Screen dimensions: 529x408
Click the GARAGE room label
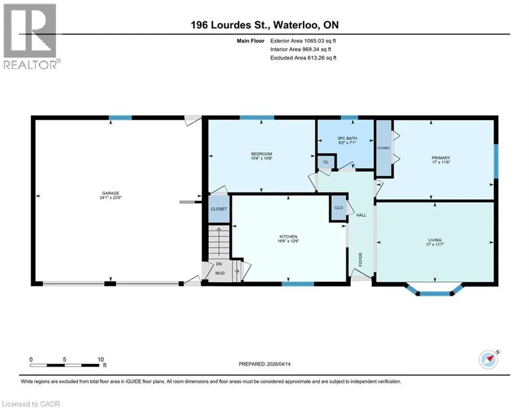pyautogui.click(x=111, y=193)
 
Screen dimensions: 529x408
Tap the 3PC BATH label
pyautogui.click(x=347, y=138)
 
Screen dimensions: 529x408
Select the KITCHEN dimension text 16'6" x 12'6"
pyautogui.click(x=288, y=241)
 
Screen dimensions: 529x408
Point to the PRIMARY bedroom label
pyautogui.click(x=441, y=158)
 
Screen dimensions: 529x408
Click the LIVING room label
pyautogui.click(x=435, y=240)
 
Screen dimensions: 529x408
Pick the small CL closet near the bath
pyautogui.click(x=326, y=162)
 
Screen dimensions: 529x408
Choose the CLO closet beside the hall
pyautogui.click(x=338, y=208)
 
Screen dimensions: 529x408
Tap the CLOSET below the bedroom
pyautogui.click(x=219, y=209)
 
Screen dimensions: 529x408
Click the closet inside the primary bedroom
pyautogui.click(x=384, y=148)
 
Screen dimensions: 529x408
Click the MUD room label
pyautogui.click(x=220, y=273)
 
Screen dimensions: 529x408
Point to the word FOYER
pyautogui.click(x=360, y=259)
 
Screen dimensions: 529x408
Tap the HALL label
pyautogui.click(x=361, y=215)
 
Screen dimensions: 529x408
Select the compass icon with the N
pyautogui.click(x=489, y=360)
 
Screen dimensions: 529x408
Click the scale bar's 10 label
pyautogui.click(x=100, y=360)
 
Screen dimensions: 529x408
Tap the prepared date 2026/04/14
pyautogui.click(x=279, y=364)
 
